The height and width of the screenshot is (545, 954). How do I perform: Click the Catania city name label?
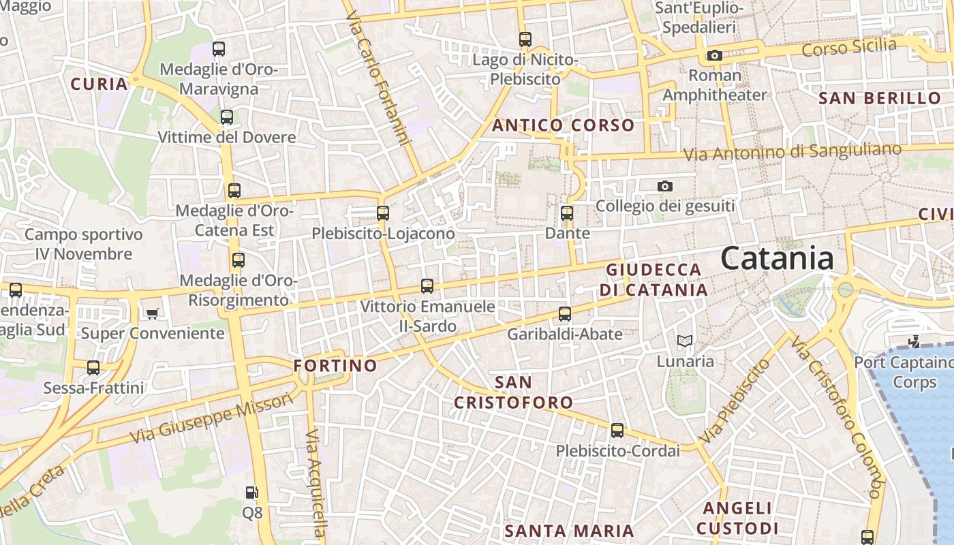pos(777,259)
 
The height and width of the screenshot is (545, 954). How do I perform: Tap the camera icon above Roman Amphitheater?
pos(714,56)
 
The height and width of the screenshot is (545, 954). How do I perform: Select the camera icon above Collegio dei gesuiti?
pos(665,186)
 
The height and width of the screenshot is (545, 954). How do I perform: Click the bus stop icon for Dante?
pos(567,213)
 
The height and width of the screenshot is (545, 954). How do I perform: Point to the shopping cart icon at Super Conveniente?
pos(152,313)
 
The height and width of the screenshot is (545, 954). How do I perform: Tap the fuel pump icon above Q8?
pos(251,492)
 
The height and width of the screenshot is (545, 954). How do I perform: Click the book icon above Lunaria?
pos(685,341)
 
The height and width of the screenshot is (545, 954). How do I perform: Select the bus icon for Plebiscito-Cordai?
pos(617,431)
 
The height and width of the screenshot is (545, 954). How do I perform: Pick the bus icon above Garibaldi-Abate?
pos(565,314)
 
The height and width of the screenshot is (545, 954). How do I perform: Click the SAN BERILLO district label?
pos(879,98)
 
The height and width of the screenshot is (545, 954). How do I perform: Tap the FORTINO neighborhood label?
pos(335,366)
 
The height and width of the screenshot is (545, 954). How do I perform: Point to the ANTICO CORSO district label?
pos(563,125)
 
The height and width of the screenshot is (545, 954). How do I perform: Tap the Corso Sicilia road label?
pos(849,48)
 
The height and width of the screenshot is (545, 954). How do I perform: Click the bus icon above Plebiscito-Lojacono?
pos(383,213)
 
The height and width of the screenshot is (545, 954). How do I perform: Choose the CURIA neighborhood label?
pos(99,84)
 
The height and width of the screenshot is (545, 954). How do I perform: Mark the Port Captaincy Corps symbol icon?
pos(914,342)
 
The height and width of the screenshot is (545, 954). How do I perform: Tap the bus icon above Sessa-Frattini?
pos(93,368)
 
